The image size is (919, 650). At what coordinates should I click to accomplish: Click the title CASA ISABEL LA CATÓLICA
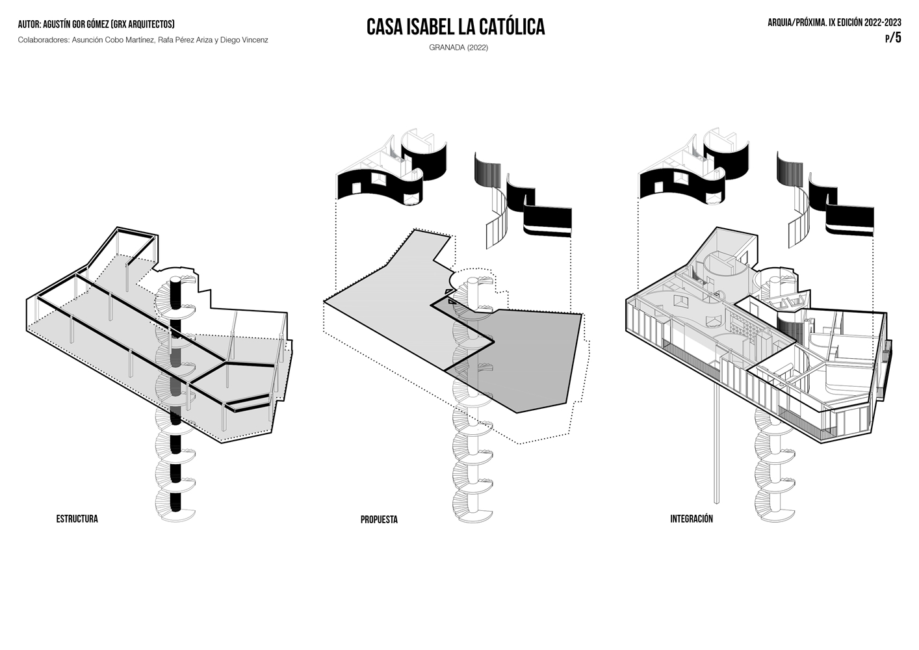tap(456, 27)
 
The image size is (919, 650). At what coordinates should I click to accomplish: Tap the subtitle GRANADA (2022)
tap(458, 47)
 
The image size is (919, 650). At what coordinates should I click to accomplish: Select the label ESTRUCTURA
tap(77, 519)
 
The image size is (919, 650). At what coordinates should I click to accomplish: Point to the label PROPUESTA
tap(379, 519)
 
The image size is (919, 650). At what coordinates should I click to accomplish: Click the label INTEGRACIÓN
tap(692, 519)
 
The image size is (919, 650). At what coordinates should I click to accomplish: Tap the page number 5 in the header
tap(898, 38)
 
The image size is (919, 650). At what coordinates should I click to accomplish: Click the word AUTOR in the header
tap(29, 25)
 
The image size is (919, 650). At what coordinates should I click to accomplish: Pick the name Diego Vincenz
tap(244, 40)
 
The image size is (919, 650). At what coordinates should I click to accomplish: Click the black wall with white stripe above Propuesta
tap(548, 222)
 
